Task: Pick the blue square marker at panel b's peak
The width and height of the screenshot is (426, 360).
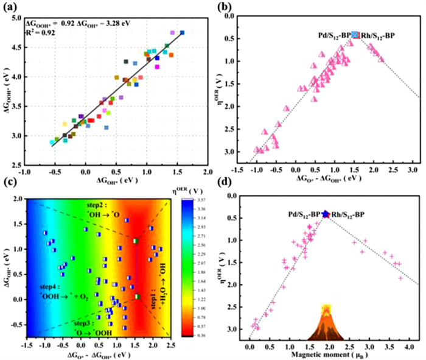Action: click(x=355, y=35)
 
